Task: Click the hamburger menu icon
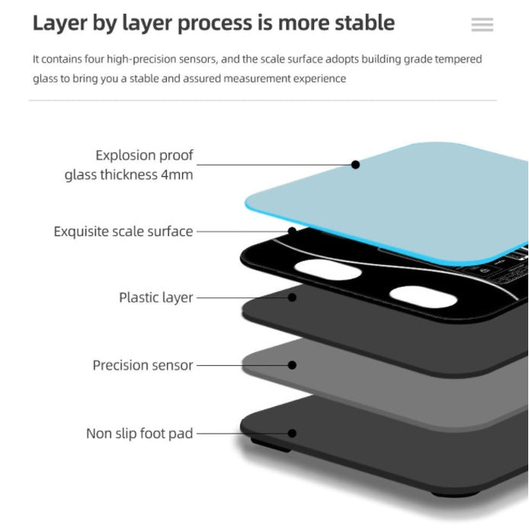coord(482,24)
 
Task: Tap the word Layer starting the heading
coord(60,24)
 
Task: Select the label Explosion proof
coord(144,155)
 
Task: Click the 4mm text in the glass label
coord(177,175)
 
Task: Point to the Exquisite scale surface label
coord(123,232)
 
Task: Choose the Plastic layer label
coord(155,297)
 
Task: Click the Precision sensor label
coord(143,365)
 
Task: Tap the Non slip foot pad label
coord(139,434)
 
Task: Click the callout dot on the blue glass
coord(355,165)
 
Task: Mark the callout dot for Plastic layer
coord(292,297)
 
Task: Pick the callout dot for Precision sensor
coord(292,365)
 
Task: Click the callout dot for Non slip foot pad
coord(292,433)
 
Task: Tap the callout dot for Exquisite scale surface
coord(292,231)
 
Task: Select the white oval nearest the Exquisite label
coord(328,270)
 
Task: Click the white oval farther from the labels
coord(423,297)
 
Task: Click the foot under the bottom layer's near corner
coord(271,445)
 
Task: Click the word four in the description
coord(95,59)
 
